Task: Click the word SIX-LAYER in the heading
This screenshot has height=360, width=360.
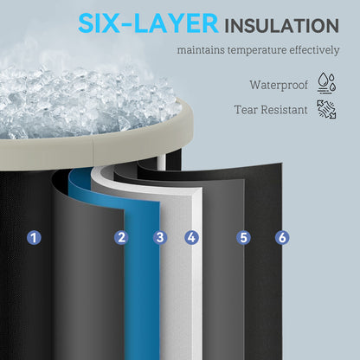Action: coord(148,23)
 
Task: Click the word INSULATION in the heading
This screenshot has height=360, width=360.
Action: coord(281,26)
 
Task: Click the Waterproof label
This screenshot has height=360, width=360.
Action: coord(279,85)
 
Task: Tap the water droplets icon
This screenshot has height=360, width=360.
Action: coord(326,83)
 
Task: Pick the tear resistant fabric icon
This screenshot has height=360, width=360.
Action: coord(326,109)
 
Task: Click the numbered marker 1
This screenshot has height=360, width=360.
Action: coord(34,238)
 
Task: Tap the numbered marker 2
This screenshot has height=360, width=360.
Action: coord(121,237)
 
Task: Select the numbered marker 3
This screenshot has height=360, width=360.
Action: coord(160,237)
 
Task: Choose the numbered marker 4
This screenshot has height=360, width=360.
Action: coord(192,237)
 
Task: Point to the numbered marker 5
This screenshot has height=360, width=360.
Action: coord(243,238)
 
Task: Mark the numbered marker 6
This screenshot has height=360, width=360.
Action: coord(282,238)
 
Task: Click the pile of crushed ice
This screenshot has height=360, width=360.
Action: coord(84,104)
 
